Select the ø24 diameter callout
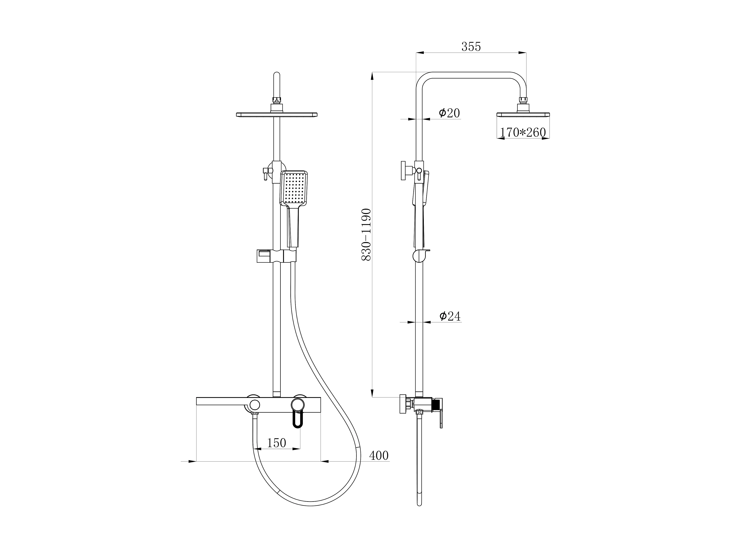(450, 316)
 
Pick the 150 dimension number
(276, 443)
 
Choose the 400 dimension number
(379, 456)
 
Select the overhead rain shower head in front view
(277, 115)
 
